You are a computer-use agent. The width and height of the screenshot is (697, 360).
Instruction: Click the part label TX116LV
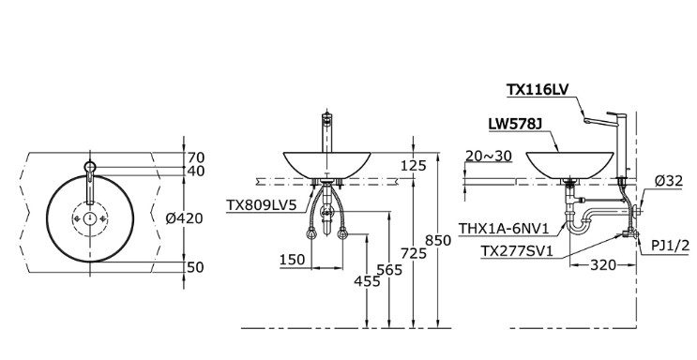538,90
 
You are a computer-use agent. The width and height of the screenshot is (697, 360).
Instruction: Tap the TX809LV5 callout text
261,203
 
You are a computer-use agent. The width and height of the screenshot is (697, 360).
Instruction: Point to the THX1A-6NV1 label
502,228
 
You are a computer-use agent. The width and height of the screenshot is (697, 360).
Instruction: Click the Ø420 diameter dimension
184,217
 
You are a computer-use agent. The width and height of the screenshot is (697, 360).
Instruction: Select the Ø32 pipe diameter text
668,180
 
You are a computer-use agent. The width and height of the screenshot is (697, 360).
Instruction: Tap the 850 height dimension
438,240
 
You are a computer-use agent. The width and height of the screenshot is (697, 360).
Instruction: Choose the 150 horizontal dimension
291,260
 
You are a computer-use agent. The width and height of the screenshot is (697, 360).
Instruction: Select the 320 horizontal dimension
602,265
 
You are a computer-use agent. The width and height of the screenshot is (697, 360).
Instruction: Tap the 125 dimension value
413,165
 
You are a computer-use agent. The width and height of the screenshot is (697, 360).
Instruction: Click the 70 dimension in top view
195,157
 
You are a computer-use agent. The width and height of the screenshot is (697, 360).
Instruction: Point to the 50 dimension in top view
195,267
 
